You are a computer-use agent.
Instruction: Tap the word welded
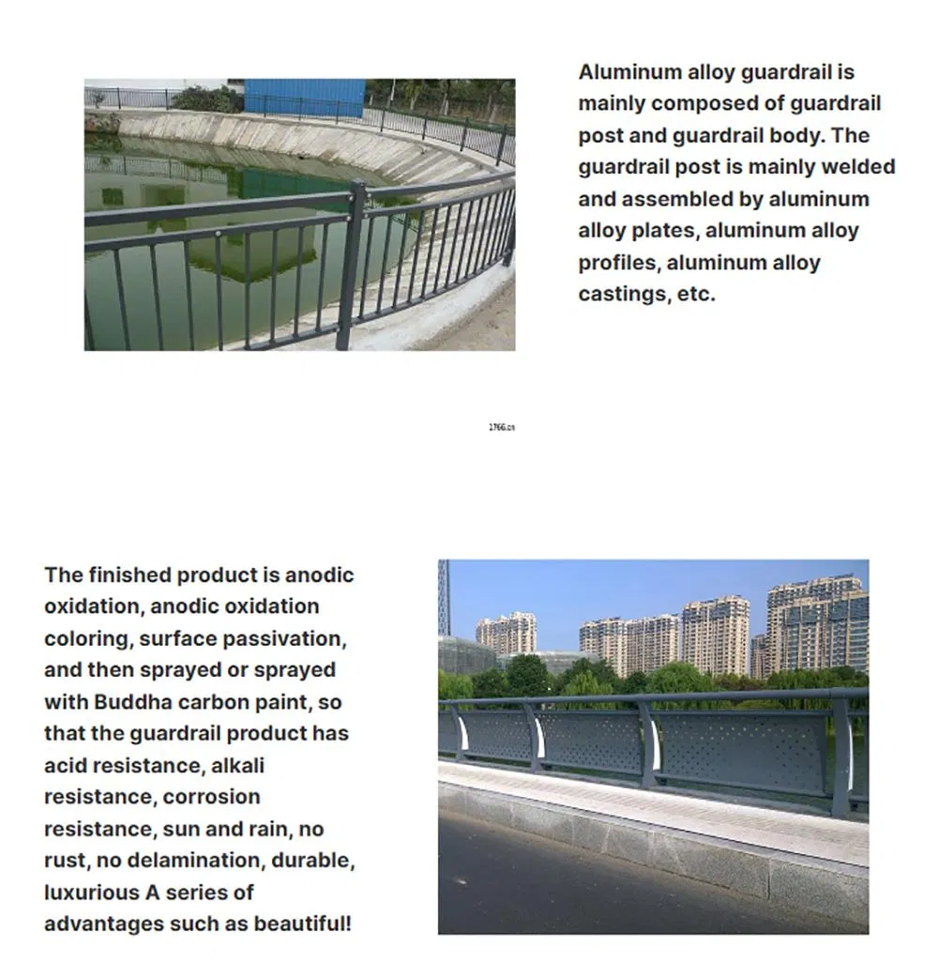point(857,167)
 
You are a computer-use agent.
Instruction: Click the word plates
point(660,231)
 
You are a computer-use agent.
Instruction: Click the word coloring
point(86,638)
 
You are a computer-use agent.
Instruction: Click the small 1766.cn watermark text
point(502,427)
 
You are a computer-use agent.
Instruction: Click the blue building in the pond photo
point(304,97)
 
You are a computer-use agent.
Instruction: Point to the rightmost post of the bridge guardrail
point(840,755)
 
